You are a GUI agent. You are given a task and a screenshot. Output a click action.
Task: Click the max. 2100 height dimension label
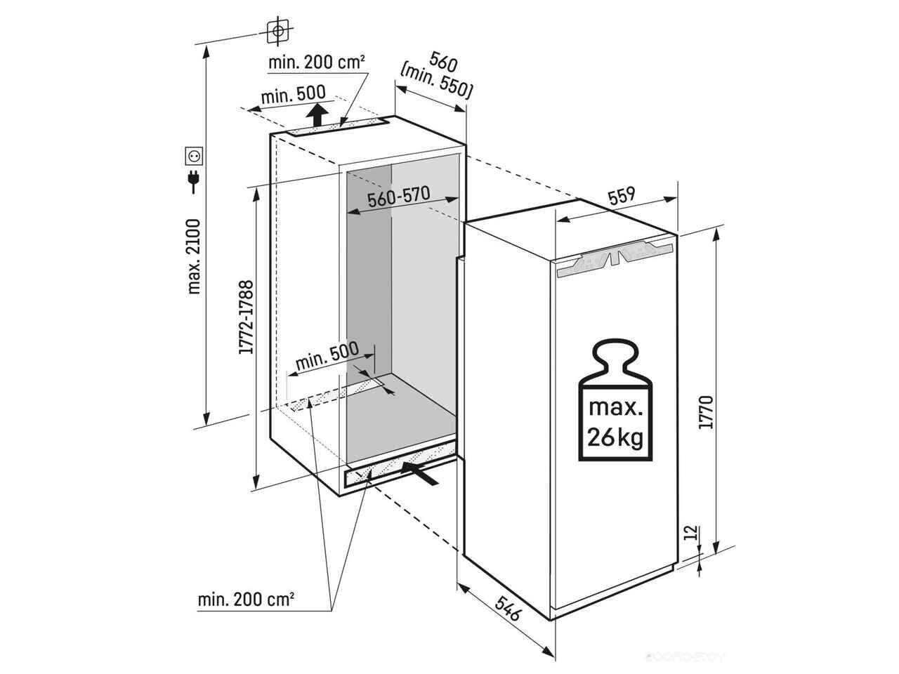click(195, 256)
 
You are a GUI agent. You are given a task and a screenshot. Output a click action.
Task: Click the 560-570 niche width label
click(398, 196)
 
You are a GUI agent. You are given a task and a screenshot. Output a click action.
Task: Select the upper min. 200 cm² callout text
click(316, 62)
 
